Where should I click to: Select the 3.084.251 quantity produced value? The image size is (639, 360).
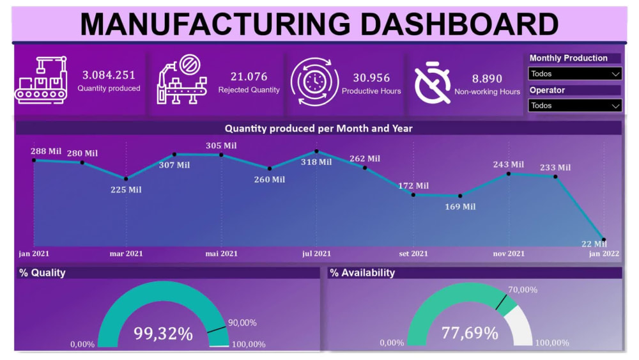[109, 75]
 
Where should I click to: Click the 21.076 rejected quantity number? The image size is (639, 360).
[249, 77]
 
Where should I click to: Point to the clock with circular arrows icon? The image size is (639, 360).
[314, 81]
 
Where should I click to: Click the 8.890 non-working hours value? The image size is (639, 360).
[487, 79]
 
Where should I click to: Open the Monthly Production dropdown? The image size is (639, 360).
[575, 74]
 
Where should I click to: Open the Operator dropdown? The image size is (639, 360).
[575, 106]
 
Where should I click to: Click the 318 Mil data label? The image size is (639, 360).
[316, 162]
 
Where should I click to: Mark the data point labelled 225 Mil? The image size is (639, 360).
[126, 178]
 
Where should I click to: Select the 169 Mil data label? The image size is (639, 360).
[460, 207]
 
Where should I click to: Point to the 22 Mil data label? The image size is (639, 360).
[594, 244]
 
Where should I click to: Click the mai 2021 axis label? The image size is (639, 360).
[221, 254]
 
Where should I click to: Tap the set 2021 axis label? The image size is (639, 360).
[413, 254]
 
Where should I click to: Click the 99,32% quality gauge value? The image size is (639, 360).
[163, 333]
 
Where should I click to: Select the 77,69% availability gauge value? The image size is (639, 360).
[470, 333]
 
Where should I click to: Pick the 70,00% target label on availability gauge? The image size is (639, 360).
[522, 290]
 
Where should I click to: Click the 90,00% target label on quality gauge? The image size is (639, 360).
[242, 323]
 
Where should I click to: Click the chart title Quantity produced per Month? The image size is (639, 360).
[318, 129]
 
